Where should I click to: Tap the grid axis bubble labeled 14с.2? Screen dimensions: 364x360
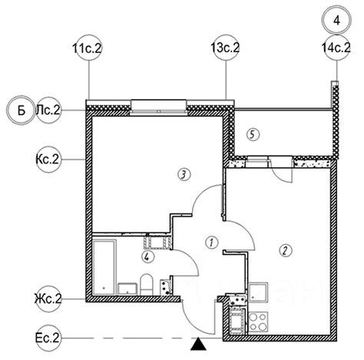[x=337, y=48]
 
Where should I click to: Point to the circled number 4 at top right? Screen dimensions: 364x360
[x=337, y=20]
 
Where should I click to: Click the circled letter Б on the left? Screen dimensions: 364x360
[x=21, y=111]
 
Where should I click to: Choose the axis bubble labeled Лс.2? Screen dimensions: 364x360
[x=48, y=111]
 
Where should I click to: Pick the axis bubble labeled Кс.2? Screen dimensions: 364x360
[x=48, y=160]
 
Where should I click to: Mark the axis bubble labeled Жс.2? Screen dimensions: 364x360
[x=48, y=299]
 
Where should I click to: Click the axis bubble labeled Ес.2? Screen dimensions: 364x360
[x=48, y=339]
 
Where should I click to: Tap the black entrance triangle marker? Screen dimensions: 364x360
[x=198, y=344]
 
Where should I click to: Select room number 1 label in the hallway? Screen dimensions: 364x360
[x=212, y=242]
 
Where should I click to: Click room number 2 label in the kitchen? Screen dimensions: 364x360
[x=286, y=250]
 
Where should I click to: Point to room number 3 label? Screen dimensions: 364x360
[x=184, y=175]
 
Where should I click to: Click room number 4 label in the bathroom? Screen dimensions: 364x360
[x=148, y=256]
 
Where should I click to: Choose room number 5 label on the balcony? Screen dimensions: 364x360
[x=253, y=134]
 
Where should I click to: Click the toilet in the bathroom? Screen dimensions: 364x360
[x=147, y=285]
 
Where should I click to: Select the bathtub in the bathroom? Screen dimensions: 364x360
[x=105, y=267]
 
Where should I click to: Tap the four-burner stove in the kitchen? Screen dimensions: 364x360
[x=258, y=322]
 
